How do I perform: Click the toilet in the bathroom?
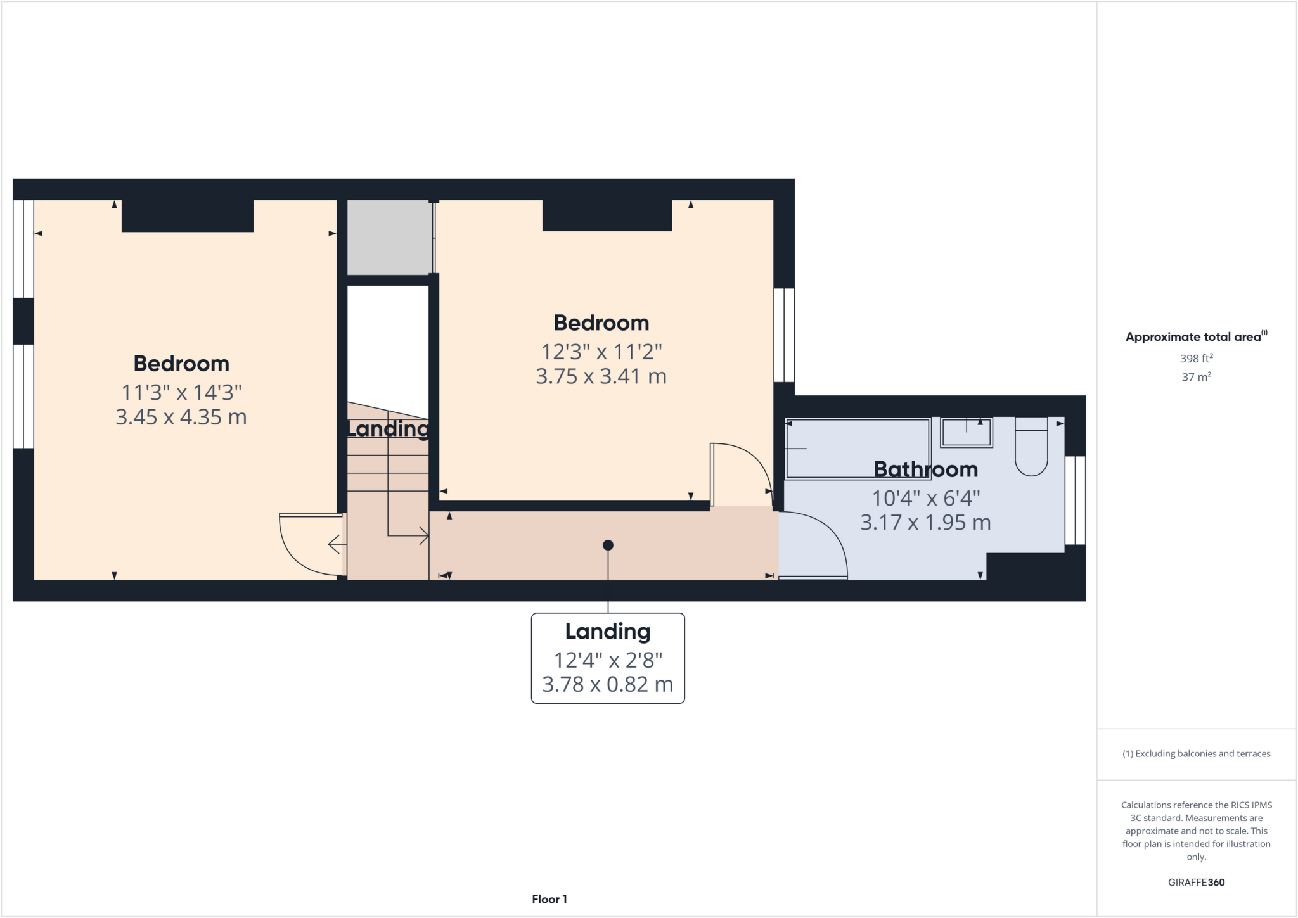click(x=1031, y=446)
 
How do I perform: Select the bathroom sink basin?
click(x=966, y=433)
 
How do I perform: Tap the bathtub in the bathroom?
click(x=857, y=449)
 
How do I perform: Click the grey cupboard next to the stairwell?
click(x=389, y=237)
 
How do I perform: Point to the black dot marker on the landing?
click(x=608, y=545)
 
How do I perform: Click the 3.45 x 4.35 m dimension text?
click(x=181, y=418)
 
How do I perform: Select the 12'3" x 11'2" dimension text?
click(x=601, y=352)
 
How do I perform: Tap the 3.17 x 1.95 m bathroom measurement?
click(x=925, y=523)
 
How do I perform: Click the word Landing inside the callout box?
click(x=608, y=632)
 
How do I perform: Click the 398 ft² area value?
click(x=1196, y=359)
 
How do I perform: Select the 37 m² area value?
click(x=1196, y=377)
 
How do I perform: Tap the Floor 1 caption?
click(x=549, y=899)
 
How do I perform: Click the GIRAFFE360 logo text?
click(x=1196, y=882)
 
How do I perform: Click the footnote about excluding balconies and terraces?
click(x=1196, y=754)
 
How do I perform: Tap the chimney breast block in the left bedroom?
click(x=188, y=215)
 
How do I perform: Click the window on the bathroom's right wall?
click(x=1075, y=500)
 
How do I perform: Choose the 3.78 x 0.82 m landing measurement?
click(x=608, y=685)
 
